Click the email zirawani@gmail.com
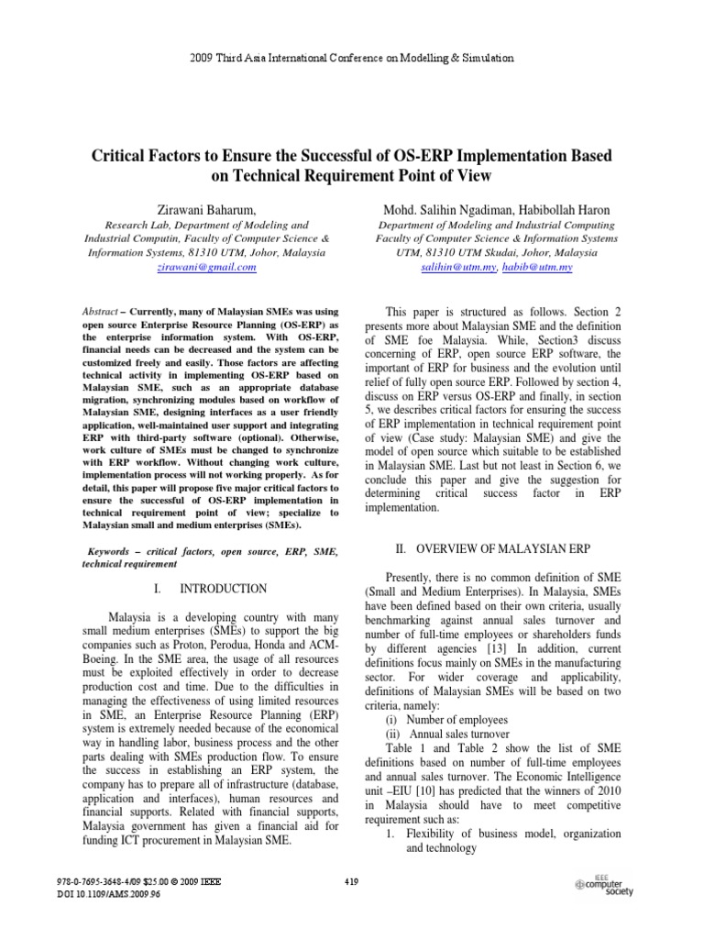tap(206, 267)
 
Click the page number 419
tap(352, 882)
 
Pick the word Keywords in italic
tap(115, 552)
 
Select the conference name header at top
tap(352, 58)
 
